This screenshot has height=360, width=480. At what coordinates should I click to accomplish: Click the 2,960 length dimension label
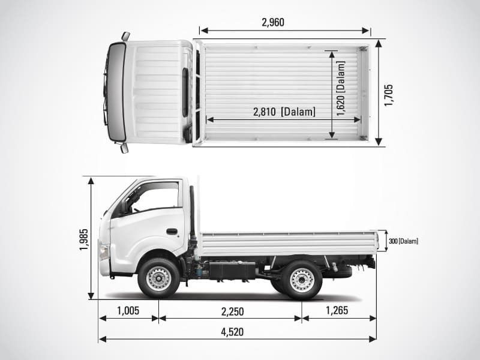coord(273,23)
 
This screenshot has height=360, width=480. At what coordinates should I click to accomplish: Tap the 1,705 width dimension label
coord(389,95)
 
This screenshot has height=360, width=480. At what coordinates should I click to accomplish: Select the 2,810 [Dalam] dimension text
coord(284,111)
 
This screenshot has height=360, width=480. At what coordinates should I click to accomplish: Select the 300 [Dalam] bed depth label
coord(403,241)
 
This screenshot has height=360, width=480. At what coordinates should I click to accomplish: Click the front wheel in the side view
coord(158,278)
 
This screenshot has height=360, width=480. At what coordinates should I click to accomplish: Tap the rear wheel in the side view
coord(302,279)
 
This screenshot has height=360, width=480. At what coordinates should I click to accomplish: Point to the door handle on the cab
coord(172,231)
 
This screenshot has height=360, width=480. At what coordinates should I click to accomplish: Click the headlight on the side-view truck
coord(104,251)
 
